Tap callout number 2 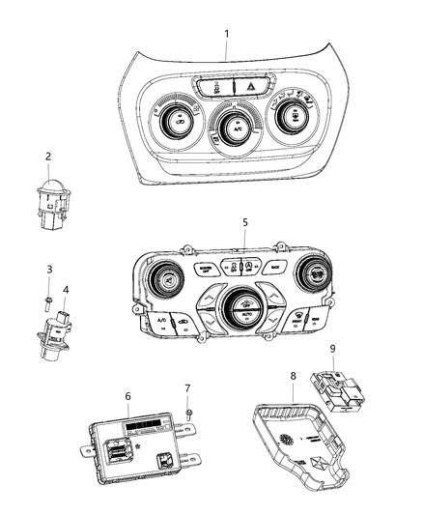48,156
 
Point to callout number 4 66,288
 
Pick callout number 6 127,395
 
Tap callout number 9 332,347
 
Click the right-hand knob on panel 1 289,119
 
